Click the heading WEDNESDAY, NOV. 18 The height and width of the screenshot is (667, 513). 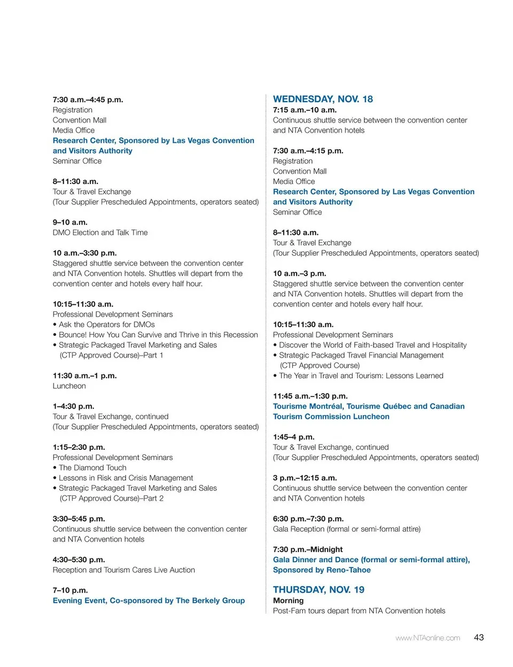(x=323, y=99)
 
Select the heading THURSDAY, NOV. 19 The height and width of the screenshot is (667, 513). (x=318, y=589)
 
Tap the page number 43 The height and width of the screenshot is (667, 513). (x=479, y=637)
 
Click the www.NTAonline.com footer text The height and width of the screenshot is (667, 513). (x=428, y=638)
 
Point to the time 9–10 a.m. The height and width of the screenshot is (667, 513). (x=70, y=222)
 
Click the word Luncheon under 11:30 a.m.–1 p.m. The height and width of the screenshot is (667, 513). (x=69, y=386)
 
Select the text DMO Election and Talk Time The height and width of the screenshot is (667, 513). (x=100, y=232)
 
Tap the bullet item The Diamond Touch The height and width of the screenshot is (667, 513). (x=92, y=467)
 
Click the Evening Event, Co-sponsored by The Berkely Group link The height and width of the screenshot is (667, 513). (x=149, y=600)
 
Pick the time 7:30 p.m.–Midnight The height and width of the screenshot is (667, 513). (x=308, y=549)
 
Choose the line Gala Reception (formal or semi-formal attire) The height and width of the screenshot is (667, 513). (x=346, y=528)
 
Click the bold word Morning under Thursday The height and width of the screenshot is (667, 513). (x=288, y=600)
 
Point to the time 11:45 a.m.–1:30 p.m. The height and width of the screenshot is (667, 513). (x=310, y=396)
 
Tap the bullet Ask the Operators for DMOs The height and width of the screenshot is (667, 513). (x=106, y=324)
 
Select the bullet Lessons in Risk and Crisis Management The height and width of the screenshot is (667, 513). (x=126, y=478)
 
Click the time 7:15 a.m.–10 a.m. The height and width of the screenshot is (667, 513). (x=305, y=110)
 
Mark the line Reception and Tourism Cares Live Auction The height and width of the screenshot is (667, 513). (x=123, y=570)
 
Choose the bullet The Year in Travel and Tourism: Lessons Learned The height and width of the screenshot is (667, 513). (x=361, y=375)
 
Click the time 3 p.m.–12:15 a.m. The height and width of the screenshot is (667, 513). (x=305, y=478)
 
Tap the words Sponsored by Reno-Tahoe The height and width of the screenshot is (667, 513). (x=322, y=570)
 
